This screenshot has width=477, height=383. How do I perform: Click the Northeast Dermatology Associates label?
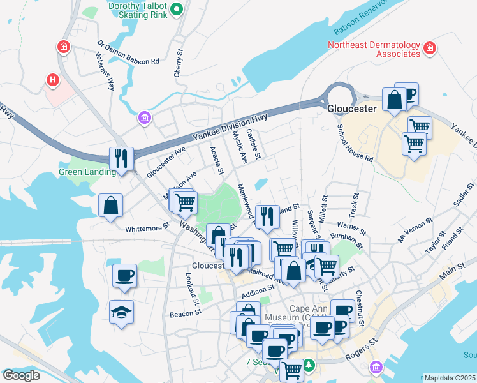(x=374, y=49)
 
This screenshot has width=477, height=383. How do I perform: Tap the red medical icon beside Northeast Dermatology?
(x=430, y=48)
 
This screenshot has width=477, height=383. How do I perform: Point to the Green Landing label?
(x=87, y=172)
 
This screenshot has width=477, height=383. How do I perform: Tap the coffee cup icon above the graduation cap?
(x=124, y=276)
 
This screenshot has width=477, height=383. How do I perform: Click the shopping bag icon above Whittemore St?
(x=111, y=205)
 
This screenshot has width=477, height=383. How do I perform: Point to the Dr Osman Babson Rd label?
(x=128, y=53)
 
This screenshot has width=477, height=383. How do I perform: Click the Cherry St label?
(x=179, y=64)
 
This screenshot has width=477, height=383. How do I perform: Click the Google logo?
(x=21, y=375)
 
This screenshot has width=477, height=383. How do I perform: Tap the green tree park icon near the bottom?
(x=309, y=365)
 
